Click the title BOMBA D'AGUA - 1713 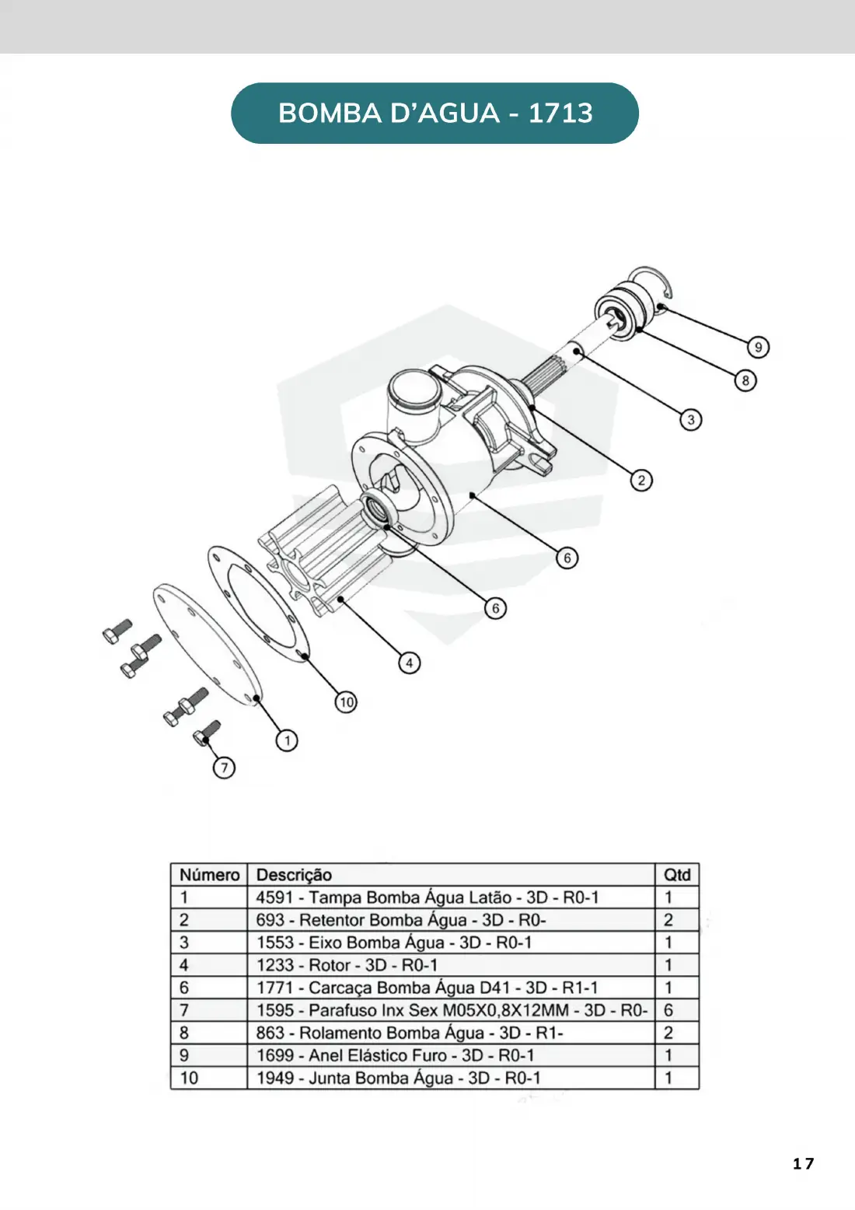tap(435, 113)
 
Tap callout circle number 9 tap(758, 347)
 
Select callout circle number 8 tap(745, 381)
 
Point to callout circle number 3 tap(690, 420)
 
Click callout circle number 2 tap(641, 481)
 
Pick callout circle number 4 tap(409, 663)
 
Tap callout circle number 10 tap(346, 702)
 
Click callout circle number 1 tap(287, 740)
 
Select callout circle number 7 tap(224, 768)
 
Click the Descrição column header tap(294, 875)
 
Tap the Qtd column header tap(677, 875)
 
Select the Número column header tap(209, 875)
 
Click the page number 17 tap(803, 1163)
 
